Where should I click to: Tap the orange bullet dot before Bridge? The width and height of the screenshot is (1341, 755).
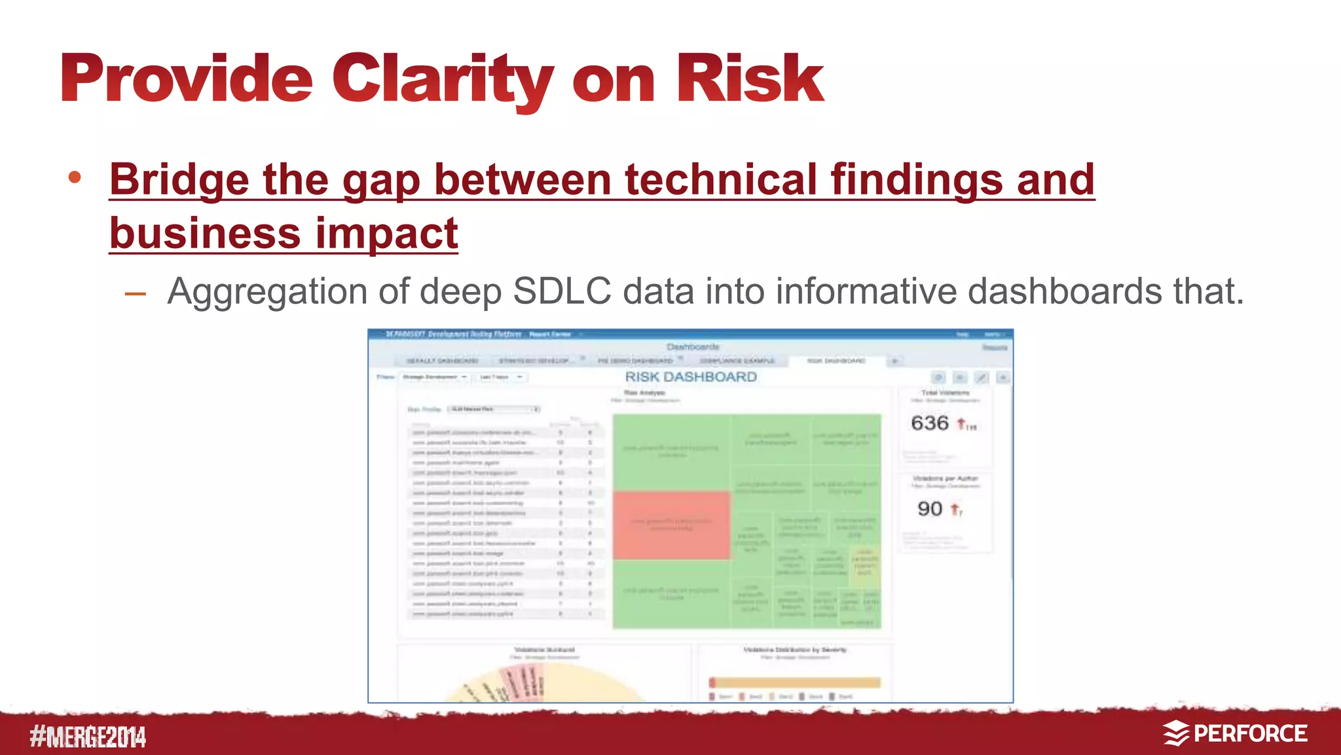[x=75, y=177]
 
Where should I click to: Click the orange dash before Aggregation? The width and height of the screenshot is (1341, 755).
[x=135, y=294]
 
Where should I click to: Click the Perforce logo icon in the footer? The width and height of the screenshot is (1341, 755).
[x=1175, y=733]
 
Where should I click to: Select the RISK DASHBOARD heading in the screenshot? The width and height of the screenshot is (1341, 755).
[x=691, y=377]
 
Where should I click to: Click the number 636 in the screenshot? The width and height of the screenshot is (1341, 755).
[x=929, y=423]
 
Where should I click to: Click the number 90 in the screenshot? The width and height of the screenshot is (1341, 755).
[x=929, y=509]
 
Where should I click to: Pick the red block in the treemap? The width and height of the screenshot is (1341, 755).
[x=671, y=525]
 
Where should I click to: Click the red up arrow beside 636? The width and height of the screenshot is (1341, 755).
[x=961, y=424]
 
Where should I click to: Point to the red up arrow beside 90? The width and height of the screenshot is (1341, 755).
[x=955, y=509]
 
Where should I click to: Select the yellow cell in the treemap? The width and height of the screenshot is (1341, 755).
[x=865, y=563]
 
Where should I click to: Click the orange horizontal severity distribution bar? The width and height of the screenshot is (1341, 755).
[x=795, y=682]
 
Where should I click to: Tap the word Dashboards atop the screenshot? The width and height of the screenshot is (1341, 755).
[x=693, y=346]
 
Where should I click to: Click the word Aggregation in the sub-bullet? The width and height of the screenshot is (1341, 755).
[x=266, y=291]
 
